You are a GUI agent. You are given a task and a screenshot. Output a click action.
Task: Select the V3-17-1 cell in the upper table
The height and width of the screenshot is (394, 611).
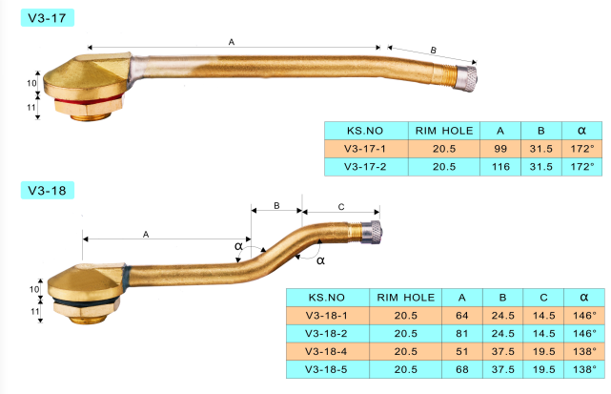(366, 149)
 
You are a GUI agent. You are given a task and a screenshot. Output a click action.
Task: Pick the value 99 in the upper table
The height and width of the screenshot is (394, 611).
(499, 149)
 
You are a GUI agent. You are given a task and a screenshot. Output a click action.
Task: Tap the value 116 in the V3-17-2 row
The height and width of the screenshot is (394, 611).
(499, 166)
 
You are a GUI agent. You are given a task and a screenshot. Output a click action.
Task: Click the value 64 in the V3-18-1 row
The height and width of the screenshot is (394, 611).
(461, 315)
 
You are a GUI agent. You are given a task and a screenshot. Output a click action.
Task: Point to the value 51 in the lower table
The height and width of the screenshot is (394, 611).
(461, 351)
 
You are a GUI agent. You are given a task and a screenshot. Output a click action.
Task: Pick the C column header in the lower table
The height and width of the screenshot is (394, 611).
(541, 298)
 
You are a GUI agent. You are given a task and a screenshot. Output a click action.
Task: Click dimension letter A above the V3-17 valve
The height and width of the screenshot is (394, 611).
(231, 41)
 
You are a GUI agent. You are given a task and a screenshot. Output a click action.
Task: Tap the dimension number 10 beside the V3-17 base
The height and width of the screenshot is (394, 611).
(31, 84)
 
